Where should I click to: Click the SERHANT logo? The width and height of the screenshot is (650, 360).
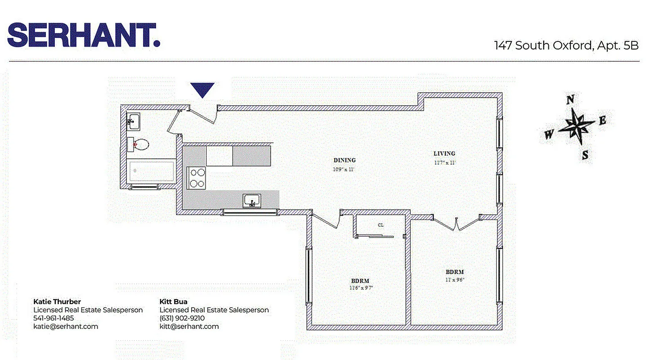84,35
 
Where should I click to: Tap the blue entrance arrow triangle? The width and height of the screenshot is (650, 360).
202,89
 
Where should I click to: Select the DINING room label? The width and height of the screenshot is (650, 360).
345,160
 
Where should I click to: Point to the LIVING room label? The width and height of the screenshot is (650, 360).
444,153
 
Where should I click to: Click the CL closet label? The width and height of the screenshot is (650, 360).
381,225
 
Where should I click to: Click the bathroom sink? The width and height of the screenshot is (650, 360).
133,120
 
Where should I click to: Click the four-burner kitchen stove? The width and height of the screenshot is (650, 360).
196,177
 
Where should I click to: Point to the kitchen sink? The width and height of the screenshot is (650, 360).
252,200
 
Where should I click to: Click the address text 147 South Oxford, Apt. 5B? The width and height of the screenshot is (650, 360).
566,46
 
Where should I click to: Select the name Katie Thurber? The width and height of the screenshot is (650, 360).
57,301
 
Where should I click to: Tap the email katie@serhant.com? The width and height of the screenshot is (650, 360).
66,326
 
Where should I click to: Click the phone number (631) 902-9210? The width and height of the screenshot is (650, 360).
182,318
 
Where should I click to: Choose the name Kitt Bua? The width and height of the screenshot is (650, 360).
174,301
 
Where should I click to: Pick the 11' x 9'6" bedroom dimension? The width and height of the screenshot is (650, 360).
454,279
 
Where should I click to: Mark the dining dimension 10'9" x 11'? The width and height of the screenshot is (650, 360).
345,169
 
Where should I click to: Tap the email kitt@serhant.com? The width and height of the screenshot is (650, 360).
189,326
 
